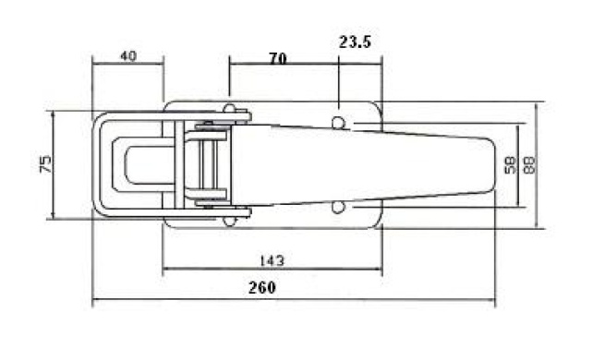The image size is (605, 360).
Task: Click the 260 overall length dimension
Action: (x=262, y=287)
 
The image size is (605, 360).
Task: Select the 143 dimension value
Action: (x=272, y=261)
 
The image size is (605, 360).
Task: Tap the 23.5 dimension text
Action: (x=355, y=42)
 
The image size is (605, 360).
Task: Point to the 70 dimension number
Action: (x=278, y=58)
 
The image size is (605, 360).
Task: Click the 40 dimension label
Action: (x=128, y=56)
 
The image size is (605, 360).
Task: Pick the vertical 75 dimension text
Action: (x=45, y=164)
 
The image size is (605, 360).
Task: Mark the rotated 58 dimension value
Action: (x=510, y=165)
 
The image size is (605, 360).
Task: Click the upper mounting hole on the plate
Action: (x=338, y=123)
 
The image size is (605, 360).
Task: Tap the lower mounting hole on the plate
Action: (x=338, y=208)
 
